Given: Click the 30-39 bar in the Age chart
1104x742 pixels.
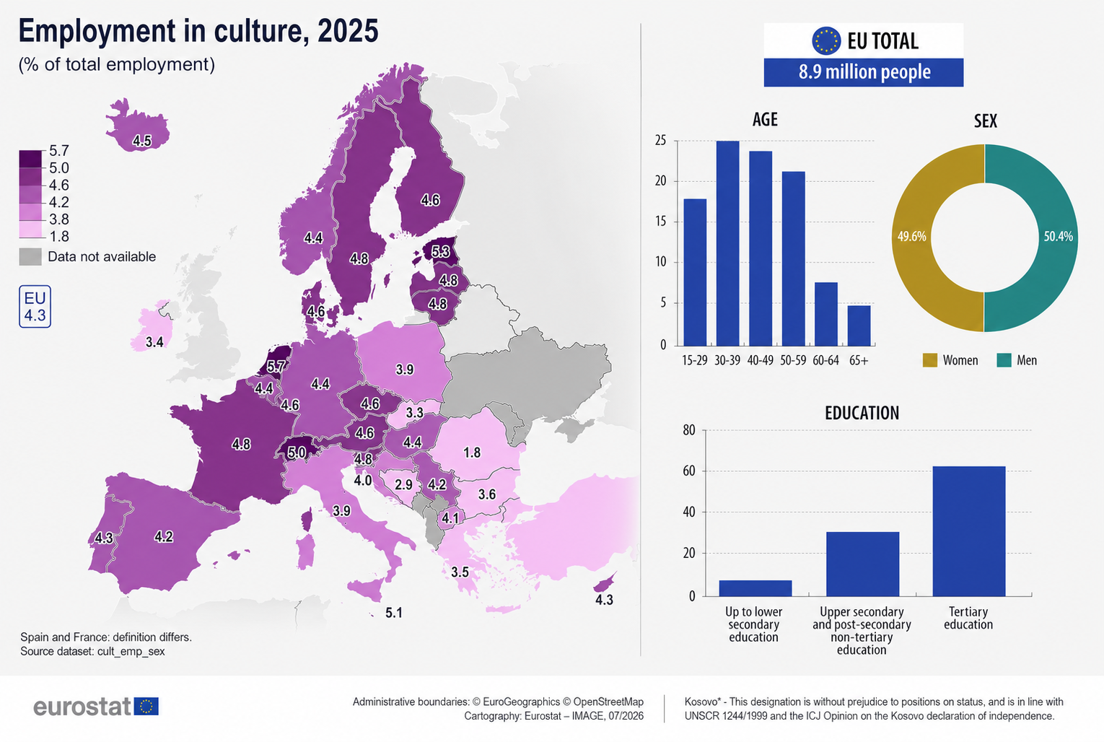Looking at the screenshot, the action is pyautogui.click(x=727, y=243).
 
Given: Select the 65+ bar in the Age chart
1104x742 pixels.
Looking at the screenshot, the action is pyautogui.click(x=859, y=326).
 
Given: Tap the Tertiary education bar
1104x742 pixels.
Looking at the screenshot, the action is pyautogui.click(x=969, y=531).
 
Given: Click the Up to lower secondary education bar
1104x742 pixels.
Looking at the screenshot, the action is pyautogui.click(x=755, y=588).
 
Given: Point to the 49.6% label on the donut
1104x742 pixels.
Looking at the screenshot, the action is pyautogui.click(x=912, y=237).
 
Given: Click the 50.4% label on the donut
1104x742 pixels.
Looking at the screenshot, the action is pyautogui.click(x=1058, y=237).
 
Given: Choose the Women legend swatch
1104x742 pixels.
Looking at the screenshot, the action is pyautogui.click(x=929, y=360).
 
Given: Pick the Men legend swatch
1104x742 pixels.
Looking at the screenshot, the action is pyautogui.click(x=1004, y=360).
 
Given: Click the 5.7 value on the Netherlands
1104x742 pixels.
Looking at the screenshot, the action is pyautogui.click(x=276, y=367).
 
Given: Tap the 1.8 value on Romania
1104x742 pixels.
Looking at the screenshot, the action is pyautogui.click(x=472, y=453).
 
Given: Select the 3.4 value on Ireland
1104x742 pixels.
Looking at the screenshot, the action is pyautogui.click(x=154, y=342).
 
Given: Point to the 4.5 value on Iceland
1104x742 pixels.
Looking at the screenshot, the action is pyautogui.click(x=142, y=141).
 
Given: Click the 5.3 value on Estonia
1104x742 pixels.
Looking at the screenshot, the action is pyautogui.click(x=441, y=252).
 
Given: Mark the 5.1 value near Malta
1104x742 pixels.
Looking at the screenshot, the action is pyautogui.click(x=394, y=613).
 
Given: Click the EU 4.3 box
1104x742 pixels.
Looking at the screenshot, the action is pyautogui.click(x=35, y=307).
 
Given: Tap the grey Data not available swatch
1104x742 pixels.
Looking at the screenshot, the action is pyautogui.click(x=30, y=257).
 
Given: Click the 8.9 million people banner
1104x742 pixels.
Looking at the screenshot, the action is pyautogui.click(x=864, y=72).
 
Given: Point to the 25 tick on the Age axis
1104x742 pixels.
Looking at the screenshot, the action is pyautogui.click(x=660, y=141).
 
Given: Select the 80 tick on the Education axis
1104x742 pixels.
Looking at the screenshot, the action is pyautogui.click(x=689, y=430).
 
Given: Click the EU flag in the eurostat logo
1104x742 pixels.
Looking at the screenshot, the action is pyautogui.click(x=146, y=707).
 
